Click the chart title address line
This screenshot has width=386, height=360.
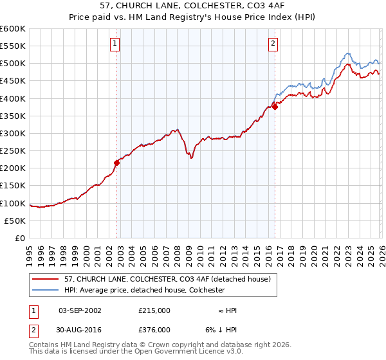pyautogui.click(x=193, y=6)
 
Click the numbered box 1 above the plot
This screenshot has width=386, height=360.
pyautogui.click(x=115, y=44)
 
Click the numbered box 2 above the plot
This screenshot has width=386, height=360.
pyautogui.click(x=273, y=44)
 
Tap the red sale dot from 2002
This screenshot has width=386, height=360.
pyautogui.click(x=117, y=163)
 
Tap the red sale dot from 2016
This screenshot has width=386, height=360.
pyautogui.click(x=275, y=107)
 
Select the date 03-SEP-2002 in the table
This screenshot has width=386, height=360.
pyautogui.click(x=80, y=310)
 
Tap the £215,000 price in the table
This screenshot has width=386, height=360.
pyautogui.click(x=154, y=310)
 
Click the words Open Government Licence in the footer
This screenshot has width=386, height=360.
pyautogui.click(x=187, y=352)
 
